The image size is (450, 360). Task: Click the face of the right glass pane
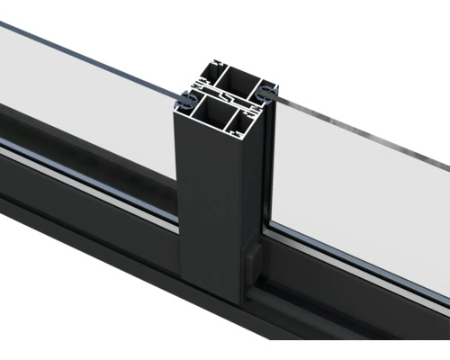(360, 189)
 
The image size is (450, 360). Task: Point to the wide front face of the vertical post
(208, 207)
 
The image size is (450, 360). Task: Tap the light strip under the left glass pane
(90, 175)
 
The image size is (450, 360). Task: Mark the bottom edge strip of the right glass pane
(360, 270)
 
